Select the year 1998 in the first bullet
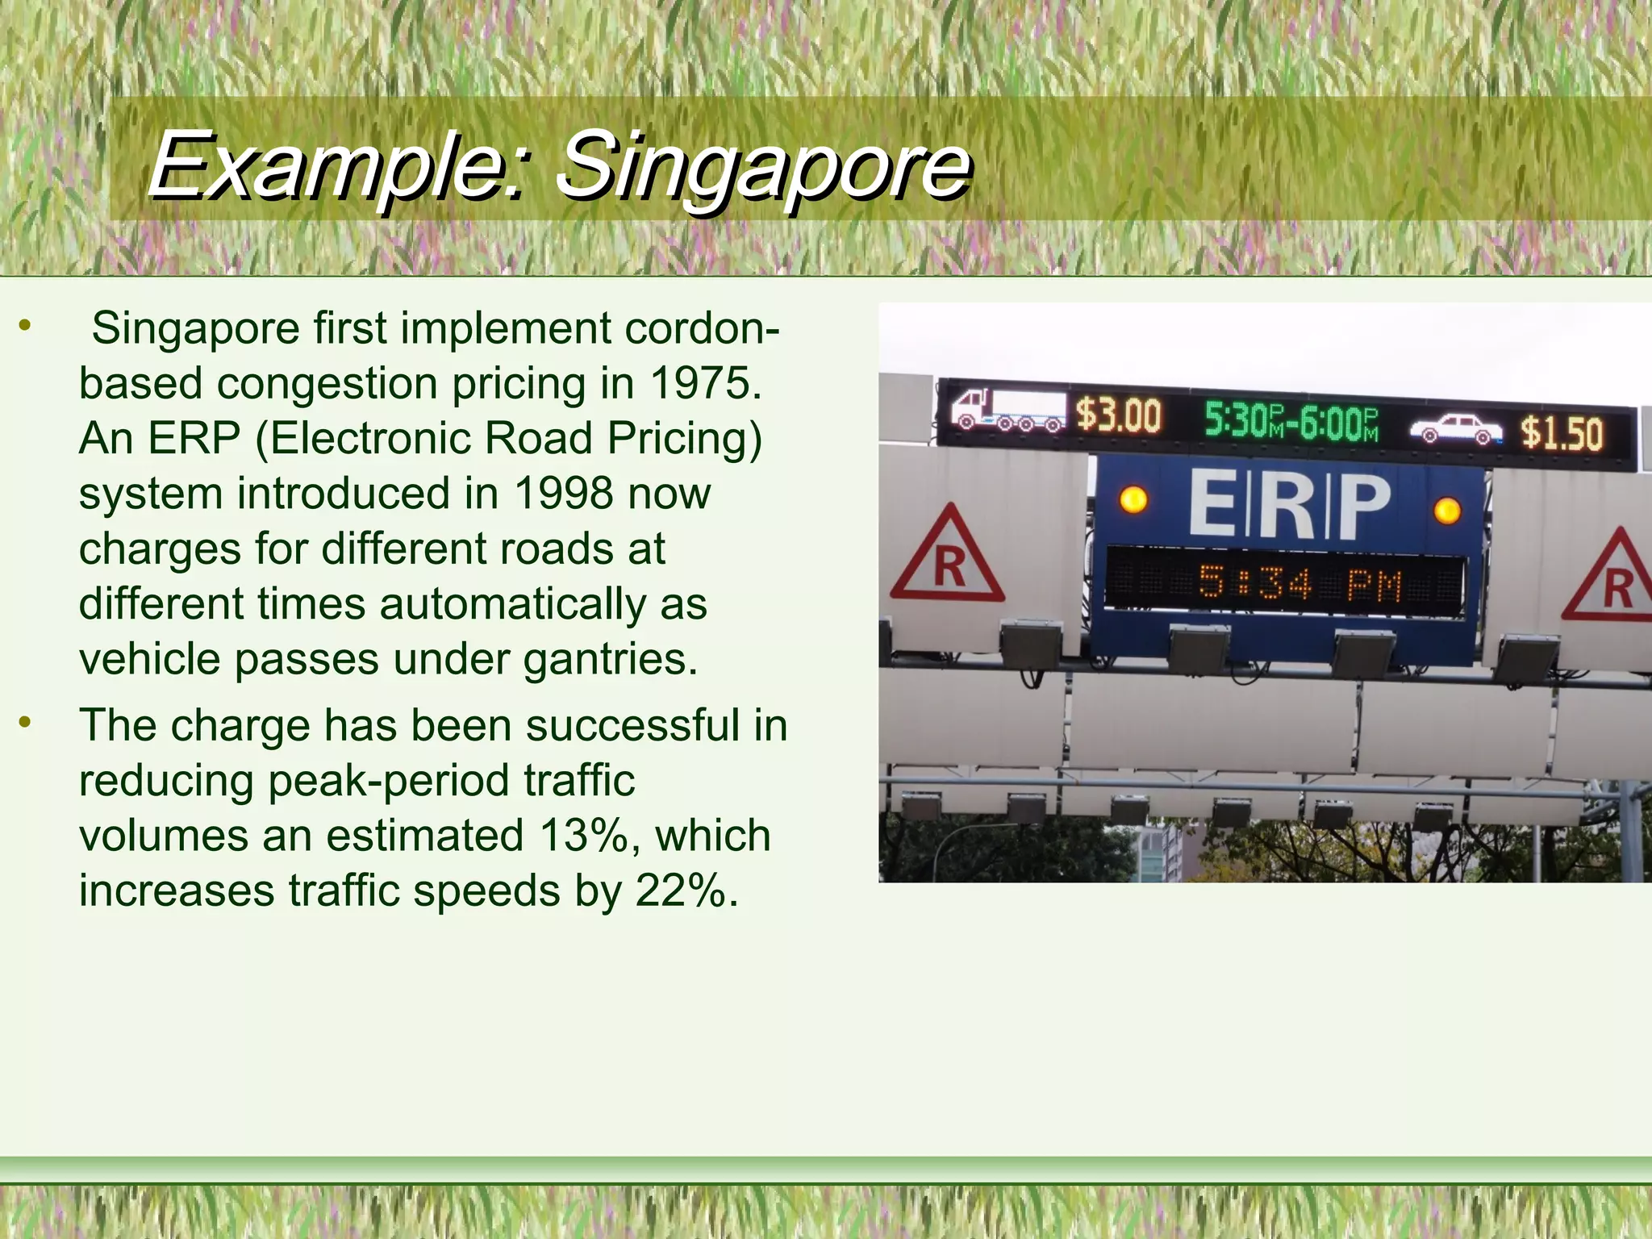pyautogui.click(x=562, y=493)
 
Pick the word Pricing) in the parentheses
pyautogui.click(x=684, y=438)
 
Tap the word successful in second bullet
pyautogui.click(x=632, y=725)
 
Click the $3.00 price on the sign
pyautogui.click(x=1118, y=416)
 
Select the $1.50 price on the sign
pyautogui.click(x=1561, y=433)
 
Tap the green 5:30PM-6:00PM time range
pyautogui.click(x=1291, y=422)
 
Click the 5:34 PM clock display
pyautogui.click(x=1299, y=582)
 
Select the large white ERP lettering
pyautogui.click(x=1289, y=505)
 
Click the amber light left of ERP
pyautogui.click(x=1133, y=499)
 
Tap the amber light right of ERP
pyautogui.click(x=1447, y=510)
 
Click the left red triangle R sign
pyautogui.click(x=948, y=558)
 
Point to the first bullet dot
pyautogui.click(x=26, y=326)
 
